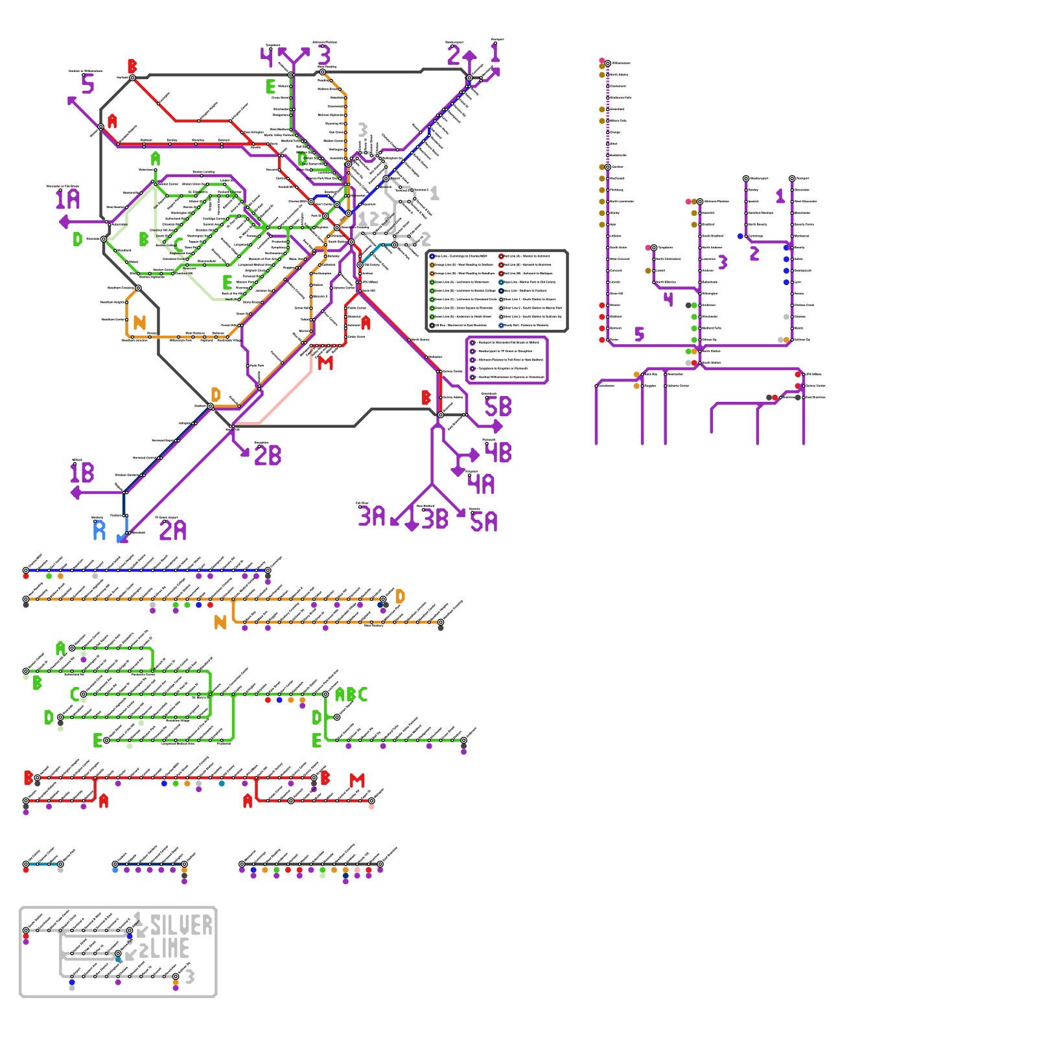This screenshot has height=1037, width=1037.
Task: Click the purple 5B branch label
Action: [x=498, y=406]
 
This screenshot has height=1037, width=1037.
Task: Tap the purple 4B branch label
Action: [x=498, y=452]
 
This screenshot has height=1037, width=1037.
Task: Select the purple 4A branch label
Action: [x=481, y=484]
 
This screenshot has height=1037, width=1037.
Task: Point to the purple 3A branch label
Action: [x=372, y=517]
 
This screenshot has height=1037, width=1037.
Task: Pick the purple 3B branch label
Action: [x=435, y=519]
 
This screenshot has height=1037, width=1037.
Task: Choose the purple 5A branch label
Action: [x=484, y=522]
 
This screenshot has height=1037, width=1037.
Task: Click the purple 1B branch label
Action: [x=82, y=472]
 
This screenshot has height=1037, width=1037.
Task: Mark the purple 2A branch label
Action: [x=172, y=530]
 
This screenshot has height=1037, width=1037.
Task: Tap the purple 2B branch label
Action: [x=268, y=456]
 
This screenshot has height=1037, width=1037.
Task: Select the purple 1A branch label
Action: [x=67, y=199]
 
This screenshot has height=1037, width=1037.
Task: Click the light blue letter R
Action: [x=99, y=530]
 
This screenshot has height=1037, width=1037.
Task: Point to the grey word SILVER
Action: [x=181, y=926]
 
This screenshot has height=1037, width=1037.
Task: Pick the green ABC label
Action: [x=351, y=695]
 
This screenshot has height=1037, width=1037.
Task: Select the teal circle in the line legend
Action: [x=501, y=282]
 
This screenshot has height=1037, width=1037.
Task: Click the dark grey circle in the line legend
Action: [x=432, y=325]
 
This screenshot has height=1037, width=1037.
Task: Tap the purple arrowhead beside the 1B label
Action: [x=76, y=493]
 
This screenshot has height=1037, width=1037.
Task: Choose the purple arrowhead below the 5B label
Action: [x=497, y=426]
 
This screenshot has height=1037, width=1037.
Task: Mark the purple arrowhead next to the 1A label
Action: [x=64, y=222]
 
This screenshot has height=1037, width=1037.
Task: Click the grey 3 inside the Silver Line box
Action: [x=189, y=977]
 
